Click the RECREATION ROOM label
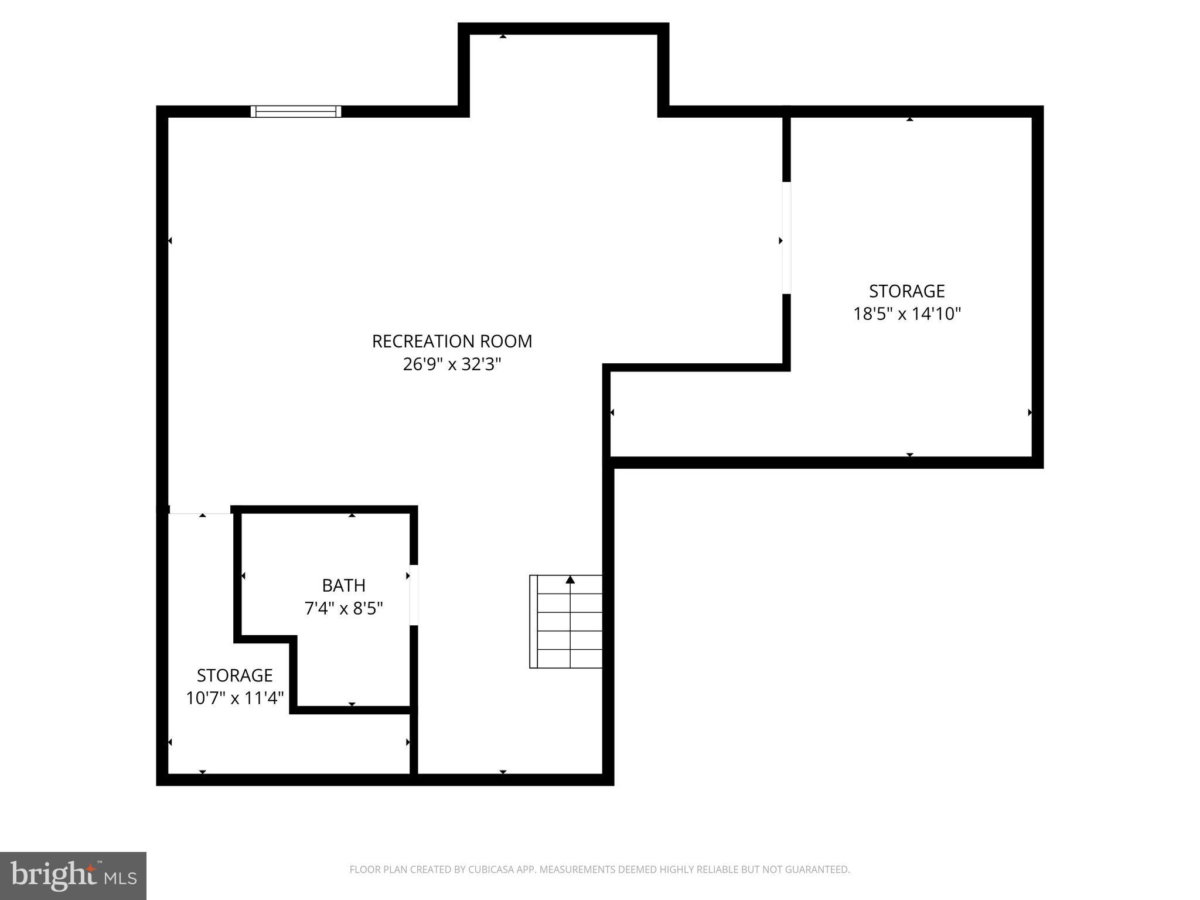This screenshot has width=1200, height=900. (452, 341)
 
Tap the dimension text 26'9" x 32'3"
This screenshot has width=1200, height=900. (452, 364)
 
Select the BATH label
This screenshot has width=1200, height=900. (344, 585)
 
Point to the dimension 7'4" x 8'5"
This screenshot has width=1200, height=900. (344, 608)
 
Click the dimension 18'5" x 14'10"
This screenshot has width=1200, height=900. (907, 314)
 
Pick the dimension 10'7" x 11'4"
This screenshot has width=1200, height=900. (235, 698)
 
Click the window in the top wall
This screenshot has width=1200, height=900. (296, 111)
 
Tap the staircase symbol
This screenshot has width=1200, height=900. (566, 622)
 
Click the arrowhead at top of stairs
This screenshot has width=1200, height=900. (570, 580)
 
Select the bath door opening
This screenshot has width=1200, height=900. (414, 595)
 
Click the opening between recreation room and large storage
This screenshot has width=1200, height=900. (786, 238)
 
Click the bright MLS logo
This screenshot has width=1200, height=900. (73, 876)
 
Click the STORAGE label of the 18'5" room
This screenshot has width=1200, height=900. (907, 291)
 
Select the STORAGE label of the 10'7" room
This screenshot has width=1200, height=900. (235, 676)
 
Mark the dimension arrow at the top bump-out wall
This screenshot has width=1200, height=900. (503, 36)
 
